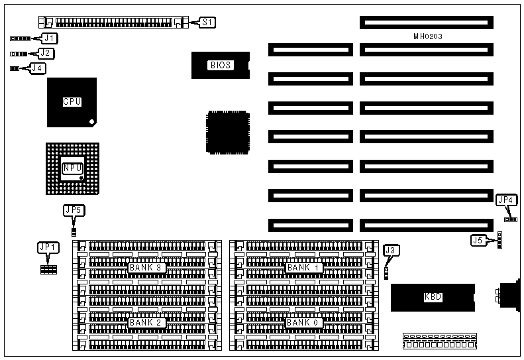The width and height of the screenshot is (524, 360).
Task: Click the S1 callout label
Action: click(207, 23)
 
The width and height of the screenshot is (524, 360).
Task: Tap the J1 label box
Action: click(48, 38)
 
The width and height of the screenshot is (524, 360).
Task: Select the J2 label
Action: click(45, 53)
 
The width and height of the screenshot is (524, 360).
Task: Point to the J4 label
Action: click(38, 67)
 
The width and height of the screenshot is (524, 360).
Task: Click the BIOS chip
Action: click(220, 65)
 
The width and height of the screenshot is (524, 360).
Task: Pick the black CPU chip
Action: click(72, 102)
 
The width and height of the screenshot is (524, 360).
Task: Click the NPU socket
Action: click(72, 168)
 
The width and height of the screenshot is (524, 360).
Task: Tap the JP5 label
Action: click(74, 211)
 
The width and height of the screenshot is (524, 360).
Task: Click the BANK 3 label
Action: click(146, 267)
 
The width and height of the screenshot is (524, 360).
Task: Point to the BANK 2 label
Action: click(146, 322)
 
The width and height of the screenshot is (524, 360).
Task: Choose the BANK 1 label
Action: click(304, 267)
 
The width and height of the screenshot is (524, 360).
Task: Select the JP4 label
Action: click(505, 200)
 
